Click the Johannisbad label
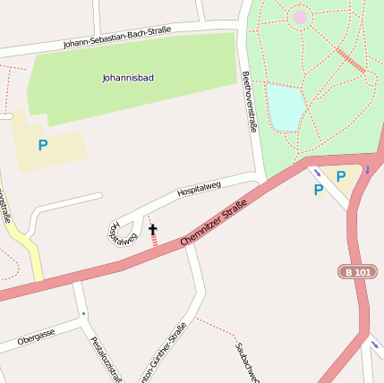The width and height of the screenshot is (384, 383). coord(127,78)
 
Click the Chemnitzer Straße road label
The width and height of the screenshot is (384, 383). coord(213,225)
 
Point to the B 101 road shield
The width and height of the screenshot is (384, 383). coord(356,271)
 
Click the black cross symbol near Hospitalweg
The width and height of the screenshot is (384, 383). coord(152,230)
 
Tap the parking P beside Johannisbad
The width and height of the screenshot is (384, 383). coord(42,144)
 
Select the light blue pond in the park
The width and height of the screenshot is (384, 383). coord(286,106)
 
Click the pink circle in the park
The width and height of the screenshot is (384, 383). coord(299,16)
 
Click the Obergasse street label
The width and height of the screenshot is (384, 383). coord(36,337)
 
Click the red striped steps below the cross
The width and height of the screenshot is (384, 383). coord(154,241)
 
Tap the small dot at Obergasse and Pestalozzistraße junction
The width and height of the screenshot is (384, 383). coord(83,314)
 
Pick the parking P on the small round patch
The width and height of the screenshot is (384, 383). coord(318,190)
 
